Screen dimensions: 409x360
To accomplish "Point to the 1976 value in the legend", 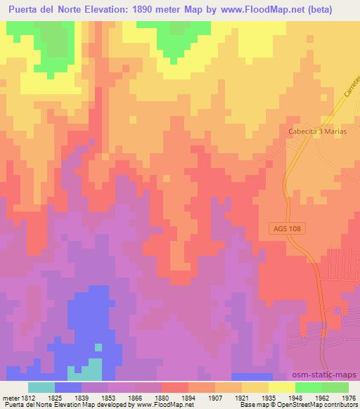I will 349,397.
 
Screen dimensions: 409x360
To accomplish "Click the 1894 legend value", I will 188,397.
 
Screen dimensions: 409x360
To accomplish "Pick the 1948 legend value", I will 295,397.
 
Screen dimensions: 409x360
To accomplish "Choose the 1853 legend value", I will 108,397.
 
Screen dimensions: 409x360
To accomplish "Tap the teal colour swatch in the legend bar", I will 41,387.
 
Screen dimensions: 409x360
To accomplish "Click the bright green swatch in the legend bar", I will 308,387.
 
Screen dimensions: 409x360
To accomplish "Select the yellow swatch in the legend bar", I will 281,387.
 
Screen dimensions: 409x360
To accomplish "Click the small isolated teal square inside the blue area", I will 98,346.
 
